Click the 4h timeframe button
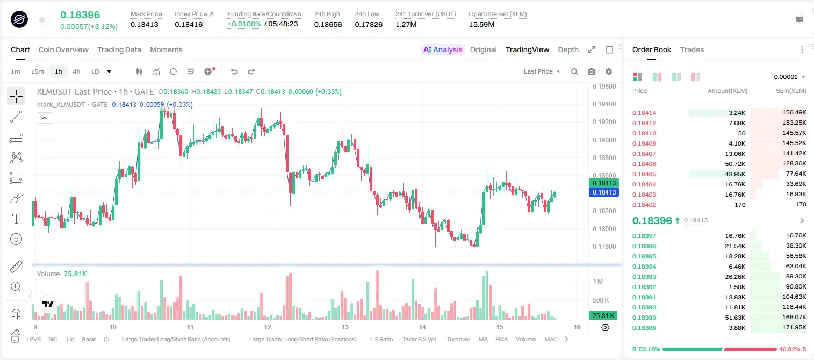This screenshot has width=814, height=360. [76, 71]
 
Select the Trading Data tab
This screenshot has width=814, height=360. [119, 49]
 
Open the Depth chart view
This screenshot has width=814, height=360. [568, 49]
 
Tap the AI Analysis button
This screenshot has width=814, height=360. [443, 49]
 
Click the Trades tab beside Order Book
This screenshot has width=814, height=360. [692, 49]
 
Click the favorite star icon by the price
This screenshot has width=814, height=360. [42, 20]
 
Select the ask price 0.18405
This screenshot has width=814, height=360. [644, 174]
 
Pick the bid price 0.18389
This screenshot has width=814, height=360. [644, 317]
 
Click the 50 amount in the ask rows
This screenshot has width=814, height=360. [741, 133]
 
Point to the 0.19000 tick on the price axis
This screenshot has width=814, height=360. [604, 140]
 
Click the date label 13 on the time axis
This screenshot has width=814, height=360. [345, 327]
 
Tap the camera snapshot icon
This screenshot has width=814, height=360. [592, 71]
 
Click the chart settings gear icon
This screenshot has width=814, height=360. [609, 71]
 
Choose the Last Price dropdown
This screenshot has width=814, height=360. [542, 71]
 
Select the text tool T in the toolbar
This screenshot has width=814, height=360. [16, 219]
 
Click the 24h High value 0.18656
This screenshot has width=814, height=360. [328, 24]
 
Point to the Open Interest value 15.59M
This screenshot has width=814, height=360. [481, 24]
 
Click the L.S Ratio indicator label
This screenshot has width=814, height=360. [381, 339]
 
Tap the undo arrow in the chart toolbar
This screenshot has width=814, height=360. [234, 71]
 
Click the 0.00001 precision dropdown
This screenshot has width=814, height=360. [789, 77]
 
